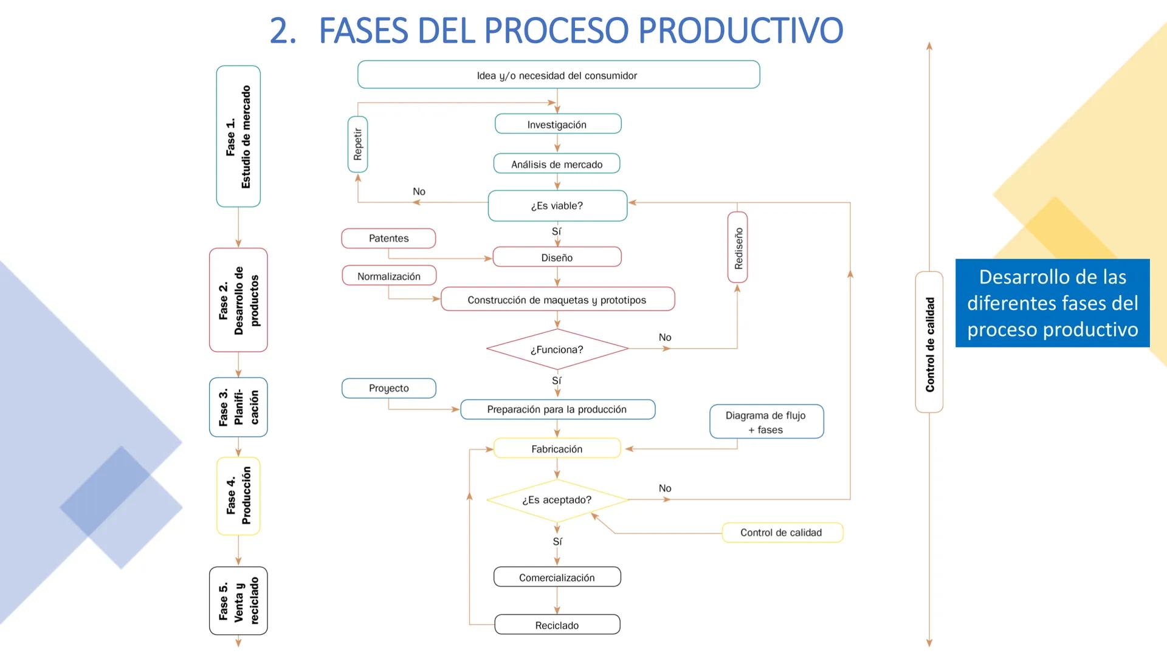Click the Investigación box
point(557,124)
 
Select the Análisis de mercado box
point(557,164)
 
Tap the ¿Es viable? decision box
point(557,206)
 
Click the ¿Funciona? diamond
point(557,349)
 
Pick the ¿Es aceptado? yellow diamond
point(557,500)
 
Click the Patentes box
point(388,238)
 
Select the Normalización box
point(389,276)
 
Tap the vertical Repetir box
point(357,145)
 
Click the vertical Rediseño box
point(737,247)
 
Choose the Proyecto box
point(389,388)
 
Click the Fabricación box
point(557,449)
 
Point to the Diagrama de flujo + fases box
point(766,422)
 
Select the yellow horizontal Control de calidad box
point(782,533)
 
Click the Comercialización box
point(557,577)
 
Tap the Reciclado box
point(557,625)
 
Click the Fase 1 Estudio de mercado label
point(238,137)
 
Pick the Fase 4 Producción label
point(238,496)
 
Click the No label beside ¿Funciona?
point(665,337)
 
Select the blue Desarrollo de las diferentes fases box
point(1052,303)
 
